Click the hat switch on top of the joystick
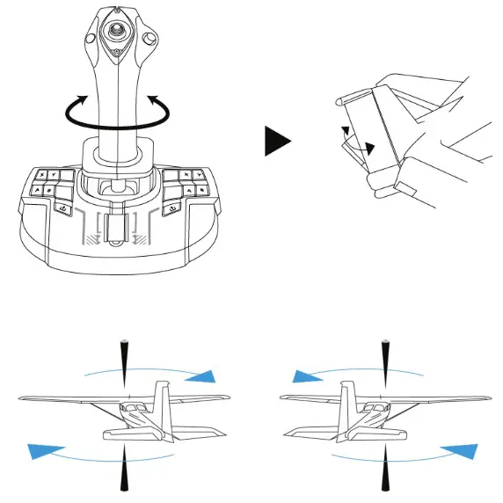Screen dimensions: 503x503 click(x=116, y=30)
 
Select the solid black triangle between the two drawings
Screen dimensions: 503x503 click(x=277, y=140)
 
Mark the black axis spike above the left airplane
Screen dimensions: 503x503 click(x=123, y=356)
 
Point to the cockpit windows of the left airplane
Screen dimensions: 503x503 click(x=134, y=412)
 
